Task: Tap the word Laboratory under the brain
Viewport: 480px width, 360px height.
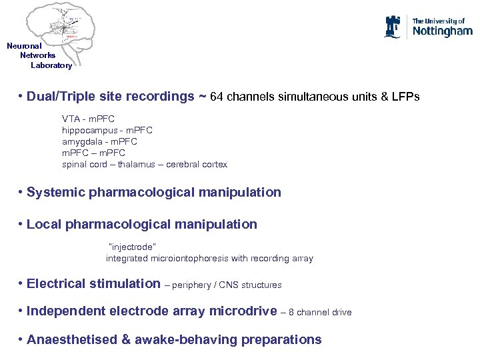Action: (51, 65)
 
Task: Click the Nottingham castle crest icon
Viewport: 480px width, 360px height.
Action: (393, 27)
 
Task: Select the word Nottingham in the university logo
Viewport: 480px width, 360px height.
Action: (442, 31)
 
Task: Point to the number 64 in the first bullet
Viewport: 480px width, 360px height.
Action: (217, 97)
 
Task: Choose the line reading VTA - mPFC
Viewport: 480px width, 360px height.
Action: (88, 119)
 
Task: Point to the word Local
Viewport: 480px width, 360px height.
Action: (44, 224)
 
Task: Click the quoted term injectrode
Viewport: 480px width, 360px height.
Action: (132, 247)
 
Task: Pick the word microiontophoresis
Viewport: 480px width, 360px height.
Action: (190, 258)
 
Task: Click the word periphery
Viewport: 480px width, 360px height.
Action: (194, 285)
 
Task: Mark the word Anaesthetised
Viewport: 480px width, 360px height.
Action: (70, 339)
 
